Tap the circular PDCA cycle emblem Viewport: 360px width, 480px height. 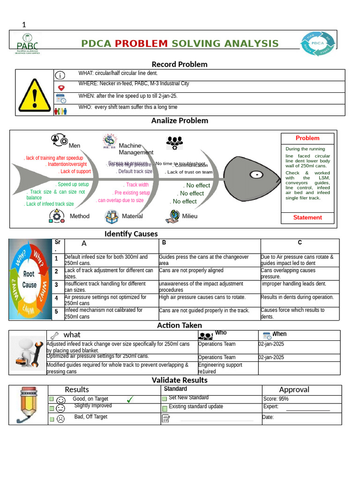point(318,45)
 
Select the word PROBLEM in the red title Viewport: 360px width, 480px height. point(141,44)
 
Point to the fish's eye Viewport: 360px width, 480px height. point(255,175)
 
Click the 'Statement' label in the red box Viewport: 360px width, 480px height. point(307,217)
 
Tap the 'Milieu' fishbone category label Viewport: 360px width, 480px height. point(190,216)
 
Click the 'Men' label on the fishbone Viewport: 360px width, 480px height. point(75,146)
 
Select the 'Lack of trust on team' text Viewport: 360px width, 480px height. point(190,172)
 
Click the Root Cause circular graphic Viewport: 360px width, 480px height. point(29,280)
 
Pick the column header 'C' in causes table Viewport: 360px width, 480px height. point(300,243)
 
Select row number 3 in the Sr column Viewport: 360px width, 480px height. point(56,285)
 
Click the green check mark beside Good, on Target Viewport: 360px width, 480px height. point(130,399)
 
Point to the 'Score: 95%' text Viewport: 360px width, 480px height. point(276,399)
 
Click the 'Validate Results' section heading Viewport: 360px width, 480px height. point(180,380)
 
